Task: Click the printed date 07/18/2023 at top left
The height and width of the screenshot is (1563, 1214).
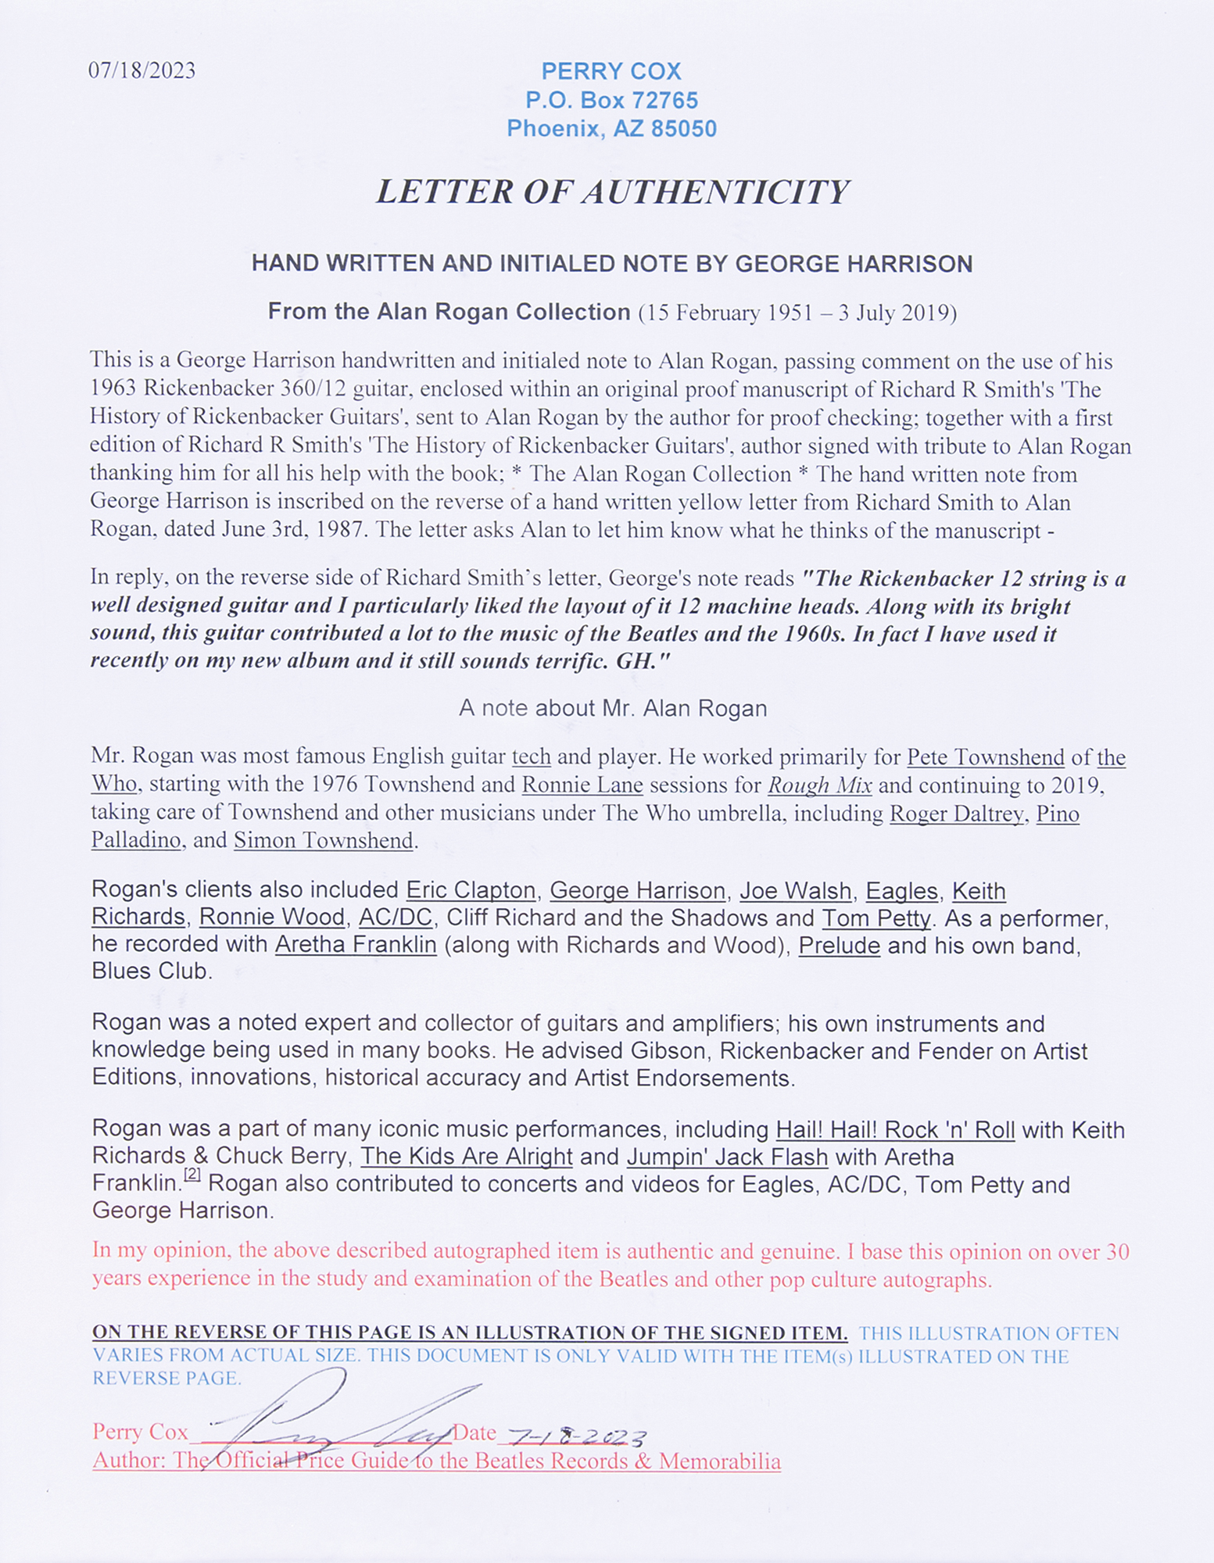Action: (141, 71)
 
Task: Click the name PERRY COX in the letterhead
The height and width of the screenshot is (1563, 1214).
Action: (611, 72)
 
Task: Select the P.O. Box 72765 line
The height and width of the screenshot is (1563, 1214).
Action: (611, 100)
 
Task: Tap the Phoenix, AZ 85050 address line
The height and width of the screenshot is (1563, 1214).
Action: (611, 128)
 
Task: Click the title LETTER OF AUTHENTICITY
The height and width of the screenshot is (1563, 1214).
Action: (612, 192)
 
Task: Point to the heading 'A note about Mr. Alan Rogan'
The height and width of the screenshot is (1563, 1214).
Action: (612, 709)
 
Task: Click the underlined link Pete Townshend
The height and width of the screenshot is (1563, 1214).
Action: (985, 757)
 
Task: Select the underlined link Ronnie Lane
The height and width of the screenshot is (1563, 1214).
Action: (582, 785)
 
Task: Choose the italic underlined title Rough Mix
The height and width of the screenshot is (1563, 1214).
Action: (819, 785)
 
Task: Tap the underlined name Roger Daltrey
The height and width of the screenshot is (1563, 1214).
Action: (956, 814)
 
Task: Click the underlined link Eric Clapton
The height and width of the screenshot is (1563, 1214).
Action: (471, 890)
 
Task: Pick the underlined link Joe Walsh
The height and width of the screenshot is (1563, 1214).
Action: (795, 890)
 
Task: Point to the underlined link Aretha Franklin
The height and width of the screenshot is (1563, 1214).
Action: (355, 945)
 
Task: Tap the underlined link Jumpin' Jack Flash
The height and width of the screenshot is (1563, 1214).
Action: (726, 1157)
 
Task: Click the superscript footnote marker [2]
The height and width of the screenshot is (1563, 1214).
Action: (192, 1175)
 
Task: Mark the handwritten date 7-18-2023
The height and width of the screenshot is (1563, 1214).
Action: (577, 1435)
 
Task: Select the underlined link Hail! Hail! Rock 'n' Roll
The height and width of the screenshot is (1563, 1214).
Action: (895, 1130)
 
